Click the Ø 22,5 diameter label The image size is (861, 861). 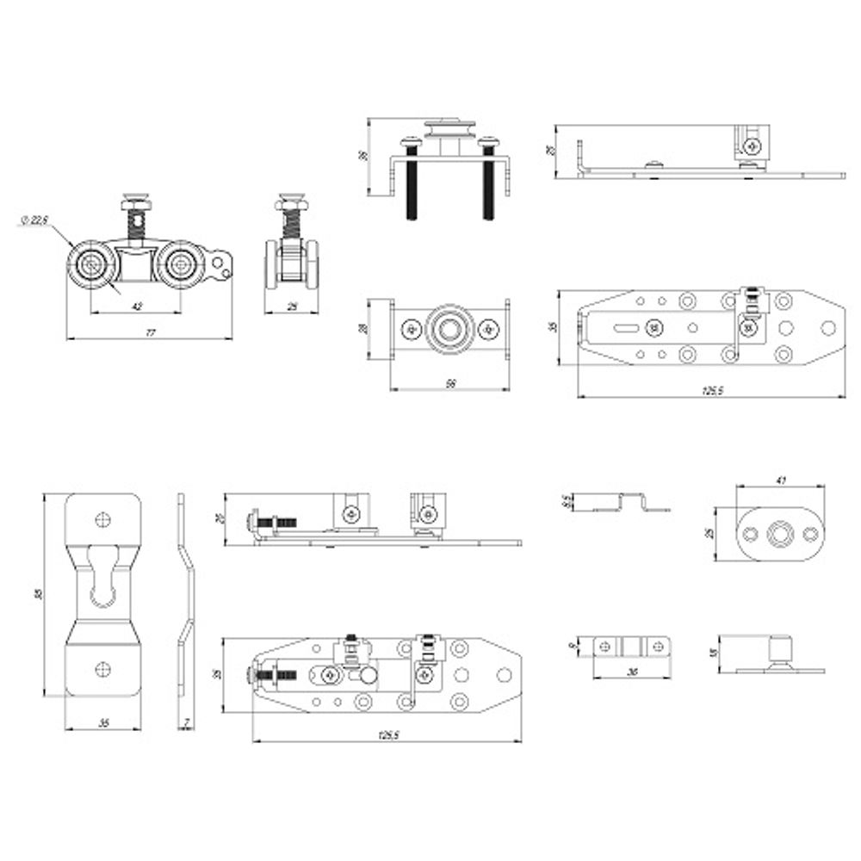click(x=34, y=221)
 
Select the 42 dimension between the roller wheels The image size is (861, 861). click(x=136, y=305)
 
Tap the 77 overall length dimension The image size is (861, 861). click(x=150, y=333)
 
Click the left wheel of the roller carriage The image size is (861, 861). click(x=90, y=265)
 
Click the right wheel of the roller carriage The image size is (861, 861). click(x=180, y=265)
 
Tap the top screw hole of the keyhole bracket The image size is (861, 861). click(x=103, y=518)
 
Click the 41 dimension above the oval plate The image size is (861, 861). click(x=780, y=480)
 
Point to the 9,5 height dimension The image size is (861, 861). click(x=566, y=501)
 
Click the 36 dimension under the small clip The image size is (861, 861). click(x=632, y=672)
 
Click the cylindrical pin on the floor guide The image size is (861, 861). click(x=781, y=652)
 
